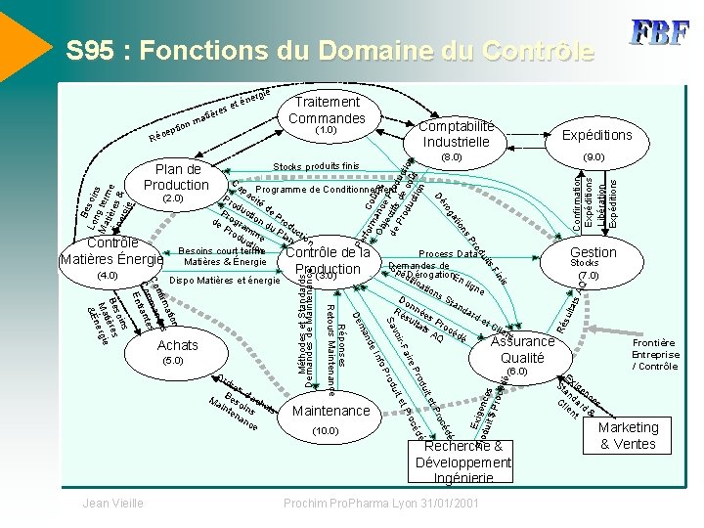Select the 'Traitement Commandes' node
point(326,111)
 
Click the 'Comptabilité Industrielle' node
point(457,135)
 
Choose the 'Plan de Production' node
point(177,177)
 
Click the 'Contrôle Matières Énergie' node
point(110,251)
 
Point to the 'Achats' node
point(177,345)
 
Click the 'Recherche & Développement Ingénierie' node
point(462,462)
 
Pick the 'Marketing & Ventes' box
point(628,435)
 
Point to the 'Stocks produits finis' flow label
point(317,167)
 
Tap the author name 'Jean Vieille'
point(114,503)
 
